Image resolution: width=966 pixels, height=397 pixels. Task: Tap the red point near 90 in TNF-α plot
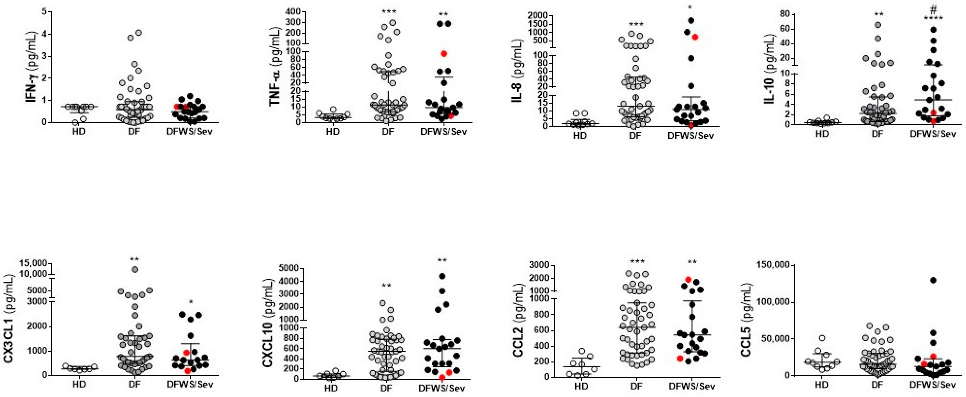[x=444, y=54]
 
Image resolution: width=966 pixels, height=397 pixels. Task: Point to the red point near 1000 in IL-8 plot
[x=695, y=37]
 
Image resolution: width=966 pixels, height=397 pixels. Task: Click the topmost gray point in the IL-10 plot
[x=877, y=25]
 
